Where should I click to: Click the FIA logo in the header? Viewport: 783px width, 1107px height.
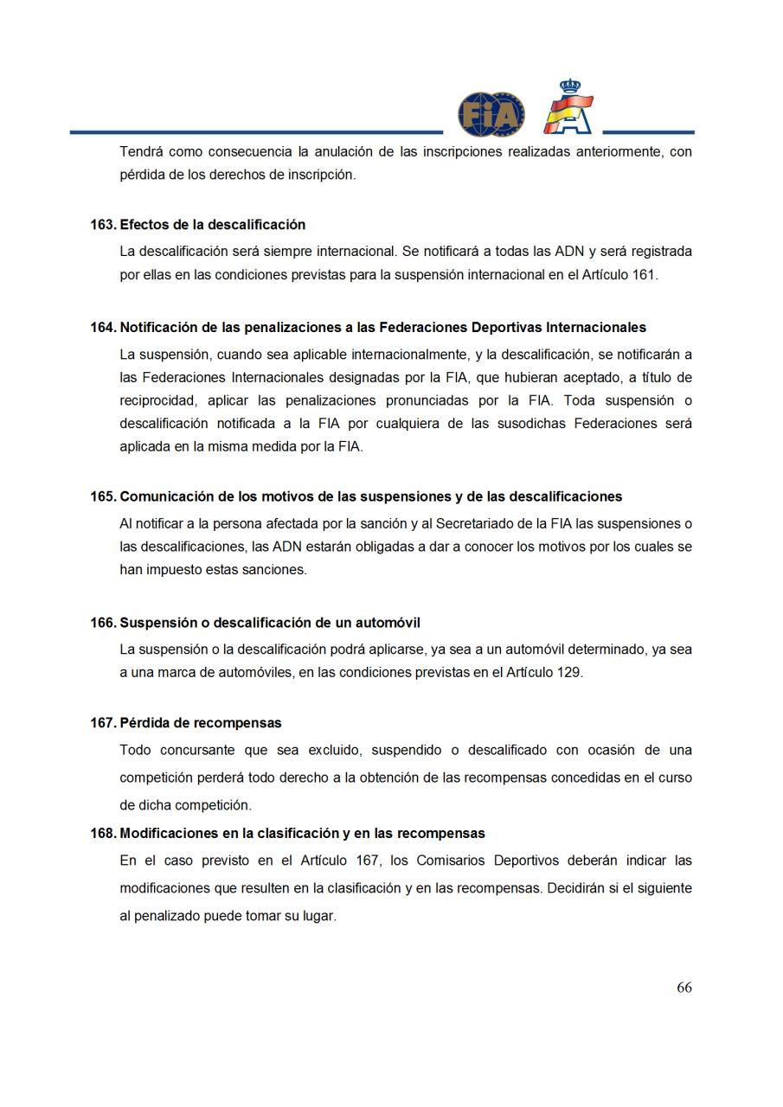(x=491, y=114)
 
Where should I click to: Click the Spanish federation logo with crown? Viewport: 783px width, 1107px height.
(x=568, y=108)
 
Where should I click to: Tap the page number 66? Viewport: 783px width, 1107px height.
(x=684, y=988)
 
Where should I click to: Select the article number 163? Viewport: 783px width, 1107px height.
(x=103, y=225)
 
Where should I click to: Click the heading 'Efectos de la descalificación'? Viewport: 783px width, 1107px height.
(x=212, y=225)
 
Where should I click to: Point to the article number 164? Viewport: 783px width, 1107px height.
(x=103, y=328)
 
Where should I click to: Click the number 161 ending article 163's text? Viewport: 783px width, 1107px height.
(x=644, y=275)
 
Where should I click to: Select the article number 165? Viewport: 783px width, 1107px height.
(x=103, y=496)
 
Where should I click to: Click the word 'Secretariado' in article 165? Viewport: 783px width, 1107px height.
(x=475, y=523)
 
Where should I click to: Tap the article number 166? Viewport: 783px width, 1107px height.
(x=103, y=623)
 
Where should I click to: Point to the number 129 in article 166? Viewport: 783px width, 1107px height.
(x=568, y=672)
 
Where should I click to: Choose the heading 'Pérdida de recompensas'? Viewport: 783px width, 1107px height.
(x=200, y=723)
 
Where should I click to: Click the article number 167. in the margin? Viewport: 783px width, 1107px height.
(x=103, y=723)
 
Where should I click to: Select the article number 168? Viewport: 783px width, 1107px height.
(x=103, y=834)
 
